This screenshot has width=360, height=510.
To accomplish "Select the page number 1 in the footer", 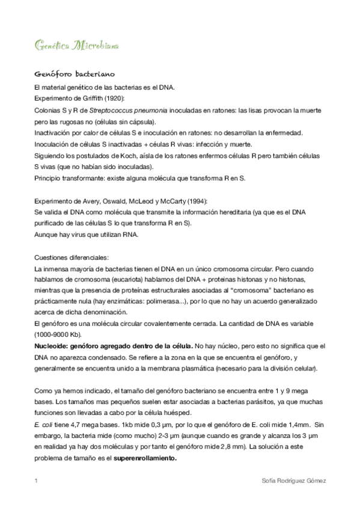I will tap(36, 481).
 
